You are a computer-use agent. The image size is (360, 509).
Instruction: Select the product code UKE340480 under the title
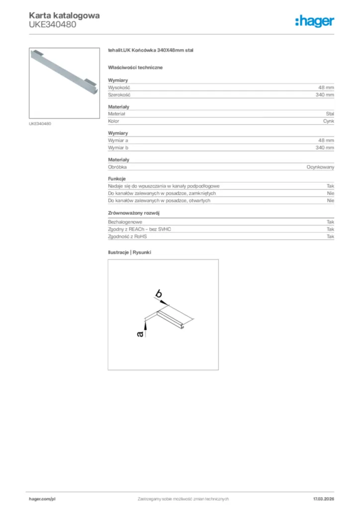tap(52, 24)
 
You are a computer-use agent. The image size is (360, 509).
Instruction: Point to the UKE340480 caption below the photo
tap(40, 124)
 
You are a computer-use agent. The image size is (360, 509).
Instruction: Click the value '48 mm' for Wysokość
tap(326, 87)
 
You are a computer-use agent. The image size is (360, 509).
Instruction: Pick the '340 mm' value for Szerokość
tap(325, 94)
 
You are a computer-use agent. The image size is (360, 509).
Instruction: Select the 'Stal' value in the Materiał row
tap(330, 114)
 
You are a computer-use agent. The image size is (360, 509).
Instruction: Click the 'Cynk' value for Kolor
tap(328, 121)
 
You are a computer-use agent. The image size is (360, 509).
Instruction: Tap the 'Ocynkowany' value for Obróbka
tap(320, 167)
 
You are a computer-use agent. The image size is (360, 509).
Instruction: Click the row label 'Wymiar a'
tap(118, 141)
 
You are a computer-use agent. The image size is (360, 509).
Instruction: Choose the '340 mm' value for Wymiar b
tap(325, 148)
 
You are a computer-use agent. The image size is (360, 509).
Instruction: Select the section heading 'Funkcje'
tap(117, 178)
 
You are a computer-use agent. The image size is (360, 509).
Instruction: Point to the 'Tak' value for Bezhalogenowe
tap(330, 222)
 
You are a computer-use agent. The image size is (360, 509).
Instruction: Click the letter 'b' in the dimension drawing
tap(159, 294)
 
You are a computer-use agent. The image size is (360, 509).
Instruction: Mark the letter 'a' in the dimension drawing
tap(141, 335)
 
